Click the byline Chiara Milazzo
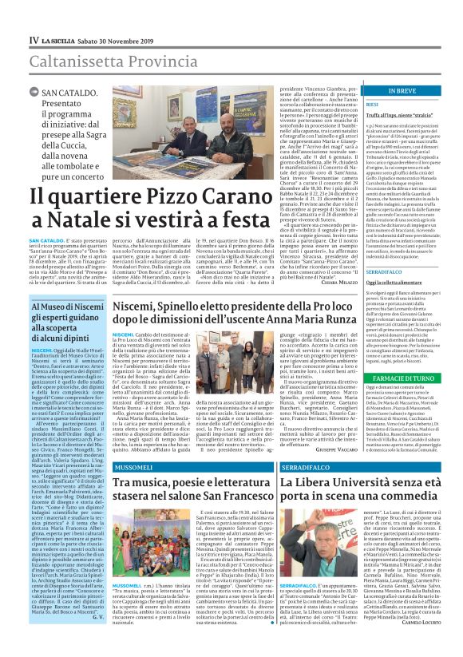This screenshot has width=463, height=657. point(317,303)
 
